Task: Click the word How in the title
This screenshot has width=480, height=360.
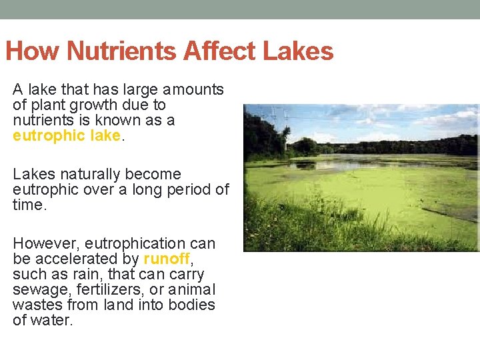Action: pyautogui.click(x=33, y=51)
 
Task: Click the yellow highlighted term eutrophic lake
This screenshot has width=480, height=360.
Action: pyautogui.click(x=67, y=135)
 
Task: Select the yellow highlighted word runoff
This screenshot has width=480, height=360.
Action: pyautogui.click(x=167, y=259)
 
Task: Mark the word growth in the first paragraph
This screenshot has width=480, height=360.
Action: pyautogui.click(x=95, y=105)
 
